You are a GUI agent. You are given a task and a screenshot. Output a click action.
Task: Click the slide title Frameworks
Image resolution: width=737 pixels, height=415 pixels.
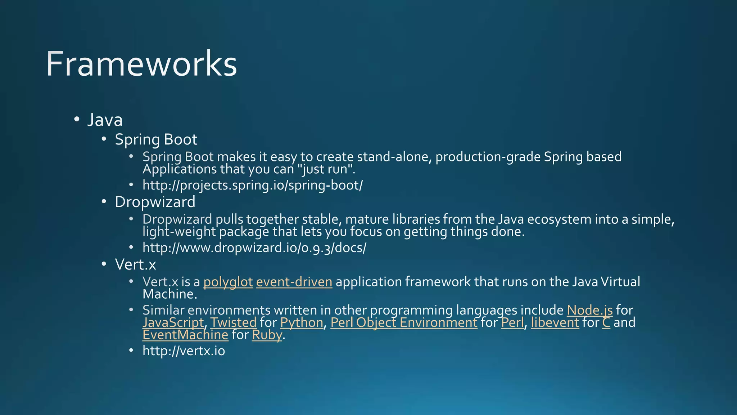pyautogui.click(x=141, y=64)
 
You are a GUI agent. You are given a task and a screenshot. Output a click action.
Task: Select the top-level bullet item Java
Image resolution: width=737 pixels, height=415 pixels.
pyautogui.click(x=105, y=120)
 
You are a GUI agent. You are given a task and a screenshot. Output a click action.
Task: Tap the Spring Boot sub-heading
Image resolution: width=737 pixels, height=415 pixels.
pyautogui.click(x=156, y=140)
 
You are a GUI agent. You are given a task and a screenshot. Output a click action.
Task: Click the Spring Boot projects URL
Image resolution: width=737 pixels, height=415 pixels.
pyautogui.click(x=253, y=185)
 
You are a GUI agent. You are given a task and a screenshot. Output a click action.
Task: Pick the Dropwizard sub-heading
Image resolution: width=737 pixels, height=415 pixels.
pyautogui.click(x=155, y=202)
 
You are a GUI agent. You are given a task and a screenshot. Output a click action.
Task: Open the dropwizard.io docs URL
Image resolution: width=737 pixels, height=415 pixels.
pyautogui.click(x=254, y=248)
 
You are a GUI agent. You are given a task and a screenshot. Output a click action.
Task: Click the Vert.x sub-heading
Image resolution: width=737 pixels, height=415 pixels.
pyautogui.click(x=135, y=265)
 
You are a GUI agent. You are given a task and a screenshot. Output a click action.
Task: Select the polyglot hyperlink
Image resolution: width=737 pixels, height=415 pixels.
pyautogui.click(x=228, y=282)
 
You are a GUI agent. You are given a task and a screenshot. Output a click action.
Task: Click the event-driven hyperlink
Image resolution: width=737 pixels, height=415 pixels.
pyautogui.click(x=294, y=282)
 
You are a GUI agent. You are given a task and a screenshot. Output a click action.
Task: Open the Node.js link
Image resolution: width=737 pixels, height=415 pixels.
pyautogui.click(x=589, y=310)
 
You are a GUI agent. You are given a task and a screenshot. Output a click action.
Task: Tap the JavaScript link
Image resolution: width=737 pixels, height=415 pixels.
pyautogui.click(x=173, y=323)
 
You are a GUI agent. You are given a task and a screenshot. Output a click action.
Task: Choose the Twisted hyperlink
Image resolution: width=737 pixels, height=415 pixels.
pyautogui.click(x=233, y=323)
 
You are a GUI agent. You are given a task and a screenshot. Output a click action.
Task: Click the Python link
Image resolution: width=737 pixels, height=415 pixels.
pyautogui.click(x=302, y=323)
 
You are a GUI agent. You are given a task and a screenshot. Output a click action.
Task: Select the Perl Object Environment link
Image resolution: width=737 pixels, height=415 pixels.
pyautogui.click(x=404, y=323)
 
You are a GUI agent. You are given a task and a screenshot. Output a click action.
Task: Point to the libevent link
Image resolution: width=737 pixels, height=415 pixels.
pyautogui.click(x=555, y=323)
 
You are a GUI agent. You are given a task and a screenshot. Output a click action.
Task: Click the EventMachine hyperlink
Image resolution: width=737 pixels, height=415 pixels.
pyautogui.click(x=185, y=335)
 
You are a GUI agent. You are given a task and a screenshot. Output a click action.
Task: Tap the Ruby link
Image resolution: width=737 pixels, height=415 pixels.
pyautogui.click(x=267, y=335)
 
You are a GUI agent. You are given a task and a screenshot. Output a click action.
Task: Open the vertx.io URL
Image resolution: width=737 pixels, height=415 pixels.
pyautogui.click(x=184, y=351)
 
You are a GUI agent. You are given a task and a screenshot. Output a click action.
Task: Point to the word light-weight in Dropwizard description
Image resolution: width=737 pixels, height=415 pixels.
pyautogui.click(x=179, y=232)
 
